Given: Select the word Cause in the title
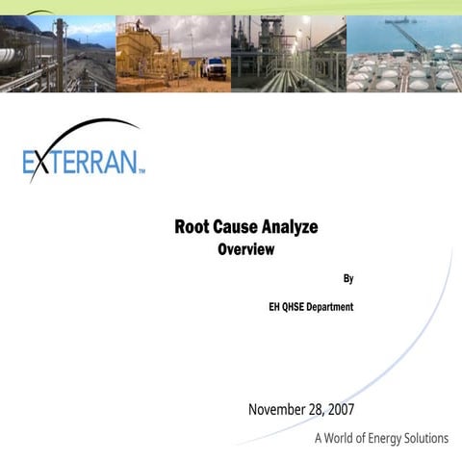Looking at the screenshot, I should click(241, 228).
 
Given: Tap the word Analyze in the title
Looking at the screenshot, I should click(293, 228).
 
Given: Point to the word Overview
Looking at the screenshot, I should click(245, 250).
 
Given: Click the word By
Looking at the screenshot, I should click(348, 279).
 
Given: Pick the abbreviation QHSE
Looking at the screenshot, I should click(300, 307).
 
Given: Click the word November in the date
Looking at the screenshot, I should click(278, 410).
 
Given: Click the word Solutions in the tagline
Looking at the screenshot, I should click(423, 439).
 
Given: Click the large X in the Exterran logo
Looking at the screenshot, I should click(39, 161).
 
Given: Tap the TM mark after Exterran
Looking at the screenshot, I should click(141, 171).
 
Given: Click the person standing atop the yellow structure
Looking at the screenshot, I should click(139, 24).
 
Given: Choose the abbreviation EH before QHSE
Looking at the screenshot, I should click(275, 307).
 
